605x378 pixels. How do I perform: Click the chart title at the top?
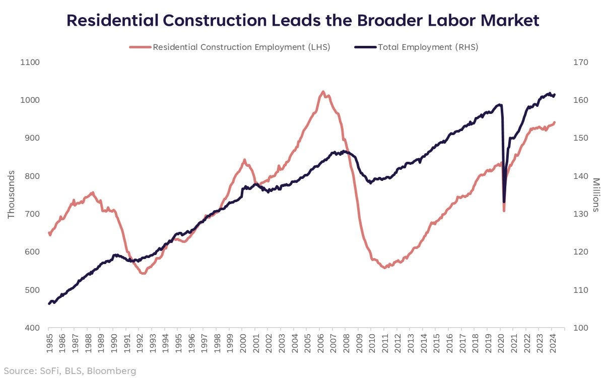303,20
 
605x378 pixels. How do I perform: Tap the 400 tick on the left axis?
29,328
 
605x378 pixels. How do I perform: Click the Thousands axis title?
11,195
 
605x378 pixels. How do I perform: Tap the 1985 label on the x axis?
49,345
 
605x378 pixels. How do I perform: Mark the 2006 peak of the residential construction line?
323,92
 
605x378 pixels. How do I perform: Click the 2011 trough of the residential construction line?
385,268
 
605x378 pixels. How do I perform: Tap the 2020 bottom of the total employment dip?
504,202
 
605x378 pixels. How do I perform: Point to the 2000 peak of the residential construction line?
245,160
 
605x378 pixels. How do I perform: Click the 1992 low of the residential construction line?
143,273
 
